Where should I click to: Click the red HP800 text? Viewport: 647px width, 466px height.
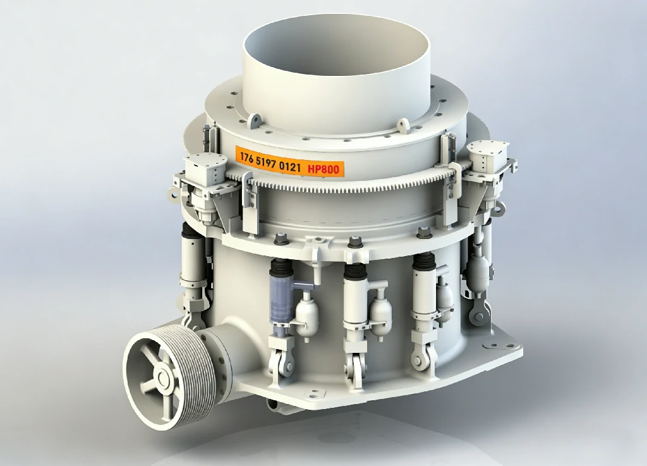pos(323,168)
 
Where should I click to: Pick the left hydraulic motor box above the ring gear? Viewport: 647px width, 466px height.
pos(205,169)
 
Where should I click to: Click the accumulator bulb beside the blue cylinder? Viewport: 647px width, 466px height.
pos(306,315)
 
